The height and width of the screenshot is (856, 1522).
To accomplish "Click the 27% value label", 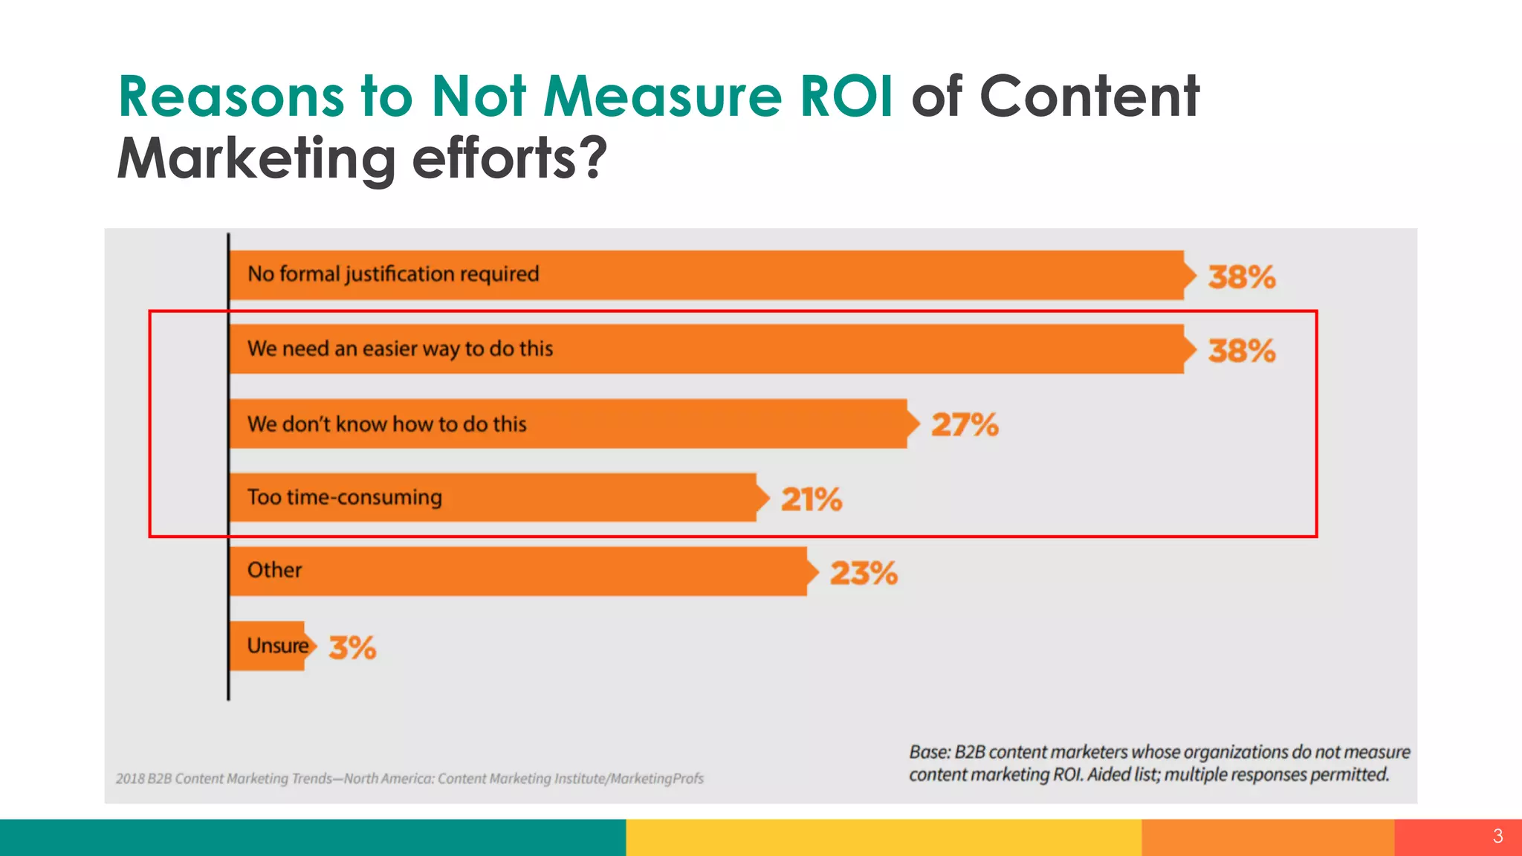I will coord(965,425).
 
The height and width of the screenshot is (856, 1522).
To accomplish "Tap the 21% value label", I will coord(812,499).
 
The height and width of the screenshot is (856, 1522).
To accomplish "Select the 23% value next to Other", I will coord(864,573).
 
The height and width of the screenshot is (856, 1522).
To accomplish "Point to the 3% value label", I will coord(352,647).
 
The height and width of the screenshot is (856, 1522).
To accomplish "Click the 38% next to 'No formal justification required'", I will coord(1241,277).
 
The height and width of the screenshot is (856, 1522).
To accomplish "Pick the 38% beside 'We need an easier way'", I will coord(1241,351).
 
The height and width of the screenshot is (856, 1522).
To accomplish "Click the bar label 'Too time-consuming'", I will coord(344,497).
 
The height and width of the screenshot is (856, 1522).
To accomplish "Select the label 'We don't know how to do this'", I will coord(386,424).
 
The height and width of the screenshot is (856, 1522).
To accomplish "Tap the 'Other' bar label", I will coord(274,570).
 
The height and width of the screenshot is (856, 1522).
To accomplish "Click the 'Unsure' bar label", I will coord(277,646).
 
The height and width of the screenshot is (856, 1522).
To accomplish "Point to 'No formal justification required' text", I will coord(393,274).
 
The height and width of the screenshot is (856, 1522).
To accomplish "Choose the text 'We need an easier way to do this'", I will coord(400,348).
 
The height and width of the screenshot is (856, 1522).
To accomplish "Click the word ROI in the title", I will coord(846,97).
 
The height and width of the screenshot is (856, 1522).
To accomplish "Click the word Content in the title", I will coord(1089,97).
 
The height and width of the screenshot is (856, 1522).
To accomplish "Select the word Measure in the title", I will coord(662,97).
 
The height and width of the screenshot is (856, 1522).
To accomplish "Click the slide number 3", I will coord(1497,836).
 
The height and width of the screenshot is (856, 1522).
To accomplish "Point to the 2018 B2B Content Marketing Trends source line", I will coord(409,779).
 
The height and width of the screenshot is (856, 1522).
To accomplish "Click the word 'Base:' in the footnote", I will coord(930,752).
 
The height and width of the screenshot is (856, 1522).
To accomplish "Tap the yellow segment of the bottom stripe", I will coord(883,837).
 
